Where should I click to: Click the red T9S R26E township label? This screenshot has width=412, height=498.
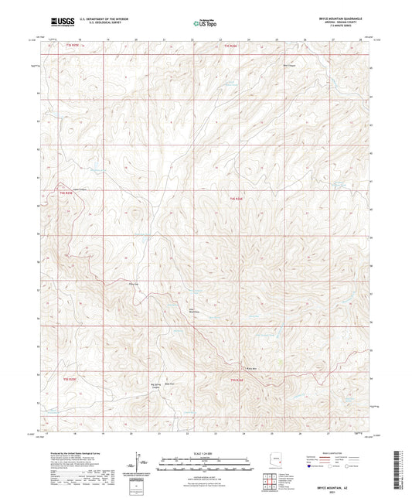coord(237,380)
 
